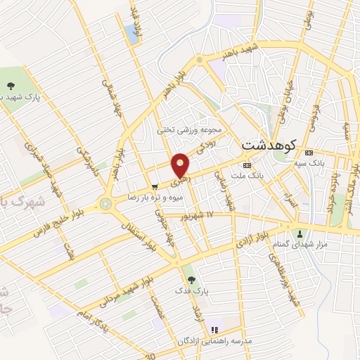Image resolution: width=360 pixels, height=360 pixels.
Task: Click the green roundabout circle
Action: [x=107, y=205]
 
